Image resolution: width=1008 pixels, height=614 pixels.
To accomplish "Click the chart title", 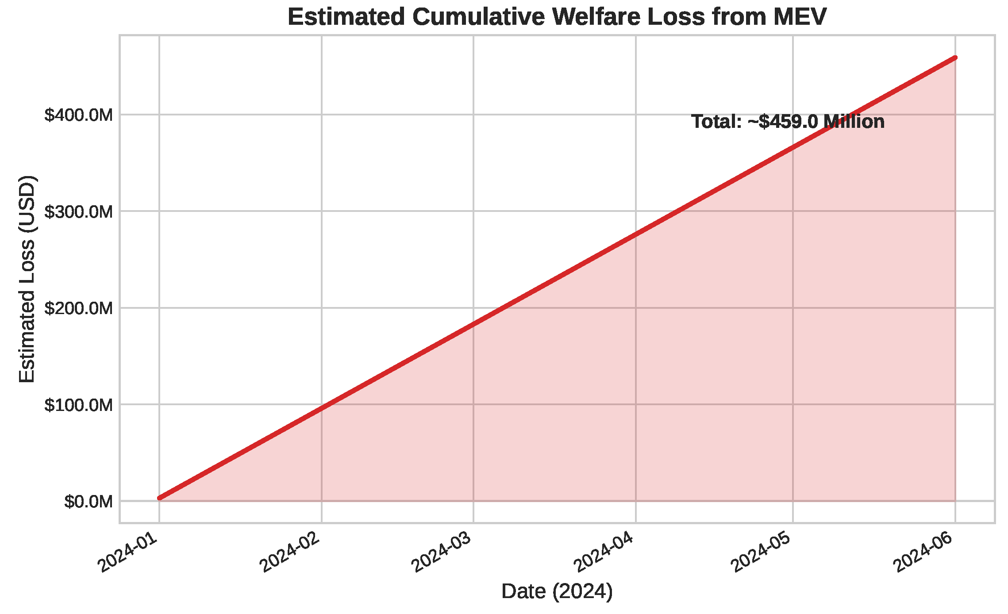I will click(x=557, y=17).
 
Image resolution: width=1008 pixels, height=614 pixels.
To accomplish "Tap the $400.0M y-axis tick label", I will click(x=79, y=115).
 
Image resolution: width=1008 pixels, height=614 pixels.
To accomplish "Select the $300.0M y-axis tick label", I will click(x=79, y=211).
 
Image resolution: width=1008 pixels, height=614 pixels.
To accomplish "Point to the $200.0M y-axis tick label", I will click(x=79, y=308).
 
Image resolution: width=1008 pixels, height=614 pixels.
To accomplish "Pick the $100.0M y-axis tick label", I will click(x=79, y=405).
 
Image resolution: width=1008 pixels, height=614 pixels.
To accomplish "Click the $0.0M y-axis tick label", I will click(x=88, y=502).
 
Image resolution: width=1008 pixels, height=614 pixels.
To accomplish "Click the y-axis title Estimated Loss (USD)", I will click(x=27, y=279).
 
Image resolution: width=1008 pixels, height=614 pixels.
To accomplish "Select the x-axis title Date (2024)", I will click(x=557, y=592).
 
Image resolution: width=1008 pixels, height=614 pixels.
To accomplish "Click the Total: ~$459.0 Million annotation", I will click(x=788, y=122).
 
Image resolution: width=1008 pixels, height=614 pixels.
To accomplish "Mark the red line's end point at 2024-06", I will click(x=955, y=58).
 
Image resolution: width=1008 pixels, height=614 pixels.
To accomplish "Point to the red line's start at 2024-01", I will click(x=160, y=498).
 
